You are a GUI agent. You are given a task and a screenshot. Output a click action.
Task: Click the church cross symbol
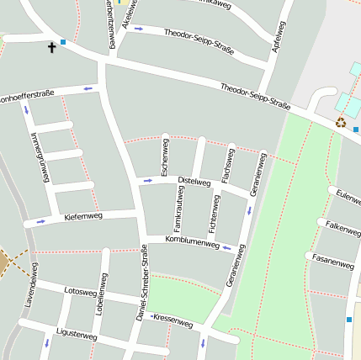51,48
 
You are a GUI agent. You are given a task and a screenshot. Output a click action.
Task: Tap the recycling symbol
341,122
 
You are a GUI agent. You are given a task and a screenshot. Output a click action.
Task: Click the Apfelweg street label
278,37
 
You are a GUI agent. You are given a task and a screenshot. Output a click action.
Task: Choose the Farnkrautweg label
178,210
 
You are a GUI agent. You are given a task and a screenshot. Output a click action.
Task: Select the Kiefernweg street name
83,217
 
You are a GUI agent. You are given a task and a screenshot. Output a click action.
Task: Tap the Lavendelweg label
31,284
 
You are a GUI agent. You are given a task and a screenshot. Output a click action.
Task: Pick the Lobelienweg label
102,294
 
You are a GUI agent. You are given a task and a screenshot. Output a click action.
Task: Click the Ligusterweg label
77,335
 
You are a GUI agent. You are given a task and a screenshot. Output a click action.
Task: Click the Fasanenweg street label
332,261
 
